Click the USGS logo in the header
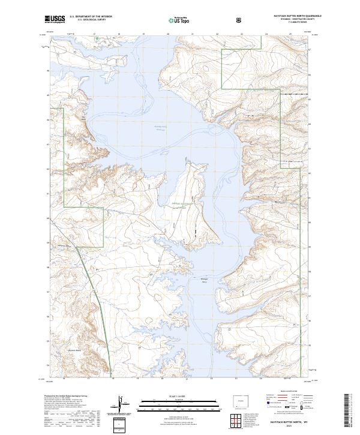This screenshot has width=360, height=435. click(55, 20)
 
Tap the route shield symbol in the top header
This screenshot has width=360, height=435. click(239, 20)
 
